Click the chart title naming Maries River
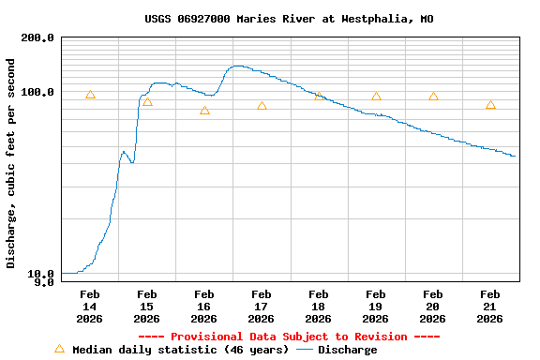pyautogui.click(x=289, y=19)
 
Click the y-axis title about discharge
pyautogui.click(x=11, y=163)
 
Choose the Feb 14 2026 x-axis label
pyautogui.click(x=90, y=307)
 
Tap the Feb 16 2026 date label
pyautogui.click(x=204, y=307)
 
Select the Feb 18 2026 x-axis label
pyautogui.click(x=319, y=307)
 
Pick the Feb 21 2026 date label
pyautogui.click(x=490, y=307)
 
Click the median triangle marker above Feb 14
pyautogui.click(x=90, y=95)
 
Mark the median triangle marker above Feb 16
pyautogui.click(x=204, y=111)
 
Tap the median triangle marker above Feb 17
pyautogui.click(x=262, y=106)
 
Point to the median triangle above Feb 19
pyautogui.click(x=376, y=97)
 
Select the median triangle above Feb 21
pyautogui.click(x=490, y=105)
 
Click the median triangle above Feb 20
pyautogui.click(x=433, y=97)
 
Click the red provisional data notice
pyautogui.click(x=289, y=337)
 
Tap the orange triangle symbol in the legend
pyautogui.click(x=60, y=349)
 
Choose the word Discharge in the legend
pyautogui.click(x=348, y=350)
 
